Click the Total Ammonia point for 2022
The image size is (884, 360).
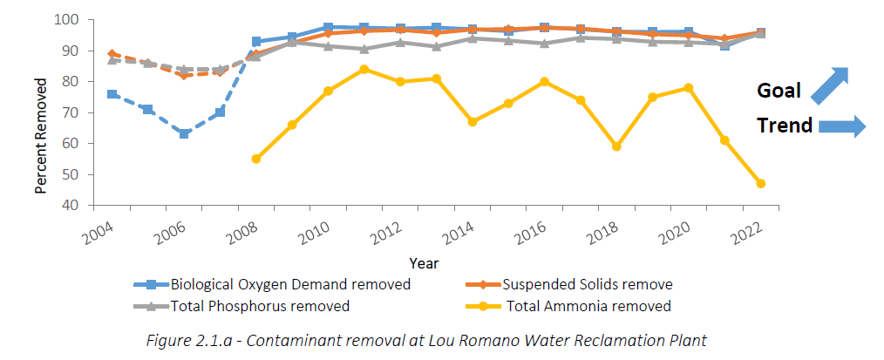pos(760,184)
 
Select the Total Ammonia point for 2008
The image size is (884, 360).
pos(255,159)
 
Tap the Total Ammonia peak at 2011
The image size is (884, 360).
pos(364,69)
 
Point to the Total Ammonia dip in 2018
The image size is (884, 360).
pos(615,146)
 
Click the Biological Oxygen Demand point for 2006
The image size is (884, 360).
pos(184,133)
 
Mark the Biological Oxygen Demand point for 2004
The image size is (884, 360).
pos(112,94)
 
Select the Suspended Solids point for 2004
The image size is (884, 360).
pos(112,54)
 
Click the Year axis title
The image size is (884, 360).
pos(425,262)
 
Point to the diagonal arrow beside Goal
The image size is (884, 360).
pos(830,85)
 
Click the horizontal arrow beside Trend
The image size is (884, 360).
pos(842,126)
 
